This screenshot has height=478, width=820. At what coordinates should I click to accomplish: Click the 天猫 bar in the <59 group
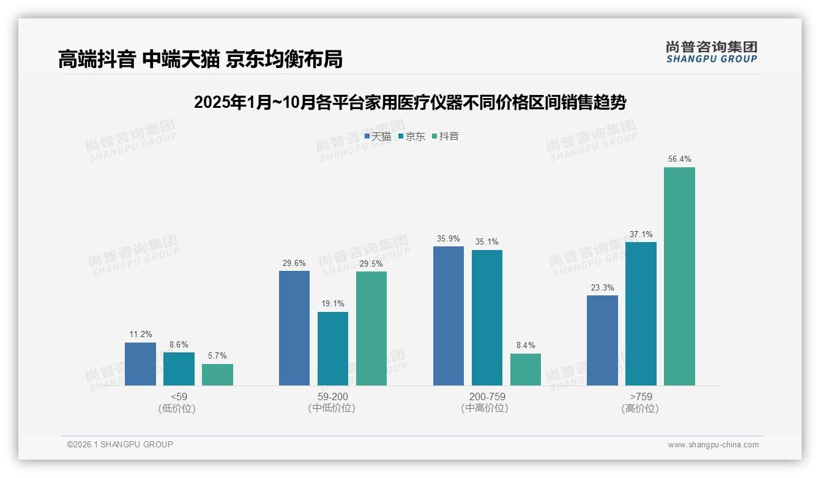pyautogui.click(x=140, y=364)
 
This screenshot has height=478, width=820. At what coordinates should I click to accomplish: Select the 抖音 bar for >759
pyautogui.click(x=679, y=276)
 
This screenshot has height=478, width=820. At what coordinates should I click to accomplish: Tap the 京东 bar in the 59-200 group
pyautogui.click(x=332, y=349)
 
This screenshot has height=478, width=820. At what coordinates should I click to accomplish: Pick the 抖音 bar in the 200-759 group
pyautogui.click(x=525, y=370)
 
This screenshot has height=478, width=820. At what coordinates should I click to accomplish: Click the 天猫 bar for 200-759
pyautogui.click(x=448, y=316)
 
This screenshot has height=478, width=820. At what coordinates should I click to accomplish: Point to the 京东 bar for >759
pyautogui.click(x=641, y=314)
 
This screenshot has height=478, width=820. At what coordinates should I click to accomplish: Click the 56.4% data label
pyautogui.click(x=679, y=159)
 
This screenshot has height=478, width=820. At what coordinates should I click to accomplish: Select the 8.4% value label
pyautogui.click(x=525, y=345)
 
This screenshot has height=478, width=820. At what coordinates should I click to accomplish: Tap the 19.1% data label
pyautogui.click(x=332, y=303)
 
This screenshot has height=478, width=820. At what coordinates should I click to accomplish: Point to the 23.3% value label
pyautogui.click(x=602, y=287)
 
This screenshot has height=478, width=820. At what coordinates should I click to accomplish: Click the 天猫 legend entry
pyautogui.click(x=378, y=136)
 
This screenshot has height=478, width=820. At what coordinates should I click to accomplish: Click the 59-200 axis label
pyautogui.click(x=332, y=396)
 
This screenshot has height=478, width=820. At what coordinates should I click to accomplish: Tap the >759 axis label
pyautogui.click(x=640, y=396)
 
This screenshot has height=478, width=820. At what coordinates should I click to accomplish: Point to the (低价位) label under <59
pyautogui.click(x=178, y=408)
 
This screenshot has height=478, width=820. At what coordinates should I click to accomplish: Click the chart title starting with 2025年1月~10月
pyautogui.click(x=409, y=102)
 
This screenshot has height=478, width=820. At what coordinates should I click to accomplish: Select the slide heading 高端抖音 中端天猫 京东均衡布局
pyautogui.click(x=200, y=59)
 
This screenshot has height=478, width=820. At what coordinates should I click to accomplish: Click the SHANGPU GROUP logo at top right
pyautogui.click(x=711, y=52)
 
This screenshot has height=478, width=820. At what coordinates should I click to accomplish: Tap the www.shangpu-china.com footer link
pyautogui.click(x=713, y=445)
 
